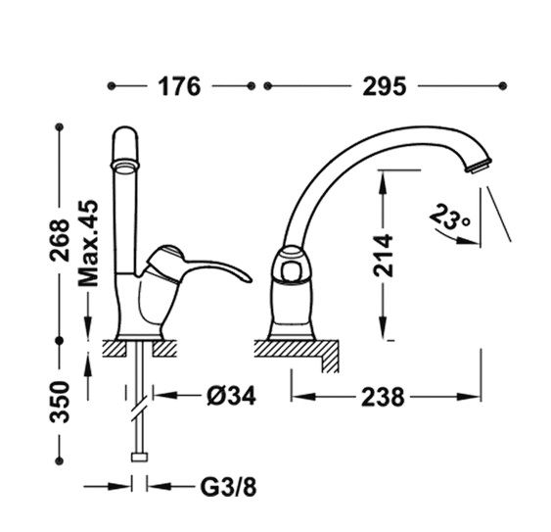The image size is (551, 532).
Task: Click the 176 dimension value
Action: (x=179, y=86)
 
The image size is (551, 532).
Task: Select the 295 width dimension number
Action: (x=384, y=86)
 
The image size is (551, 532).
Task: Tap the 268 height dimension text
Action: (x=59, y=240)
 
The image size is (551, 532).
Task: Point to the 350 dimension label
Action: (x=59, y=402)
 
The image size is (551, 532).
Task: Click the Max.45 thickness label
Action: (x=88, y=244)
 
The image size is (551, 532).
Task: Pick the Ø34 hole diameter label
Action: (x=231, y=396)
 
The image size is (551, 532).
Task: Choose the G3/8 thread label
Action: (x=228, y=487)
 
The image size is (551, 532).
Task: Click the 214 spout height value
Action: (x=383, y=255)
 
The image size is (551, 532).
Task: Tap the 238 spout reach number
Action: (x=383, y=397)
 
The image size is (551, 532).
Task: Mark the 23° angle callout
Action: (x=450, y=218)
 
